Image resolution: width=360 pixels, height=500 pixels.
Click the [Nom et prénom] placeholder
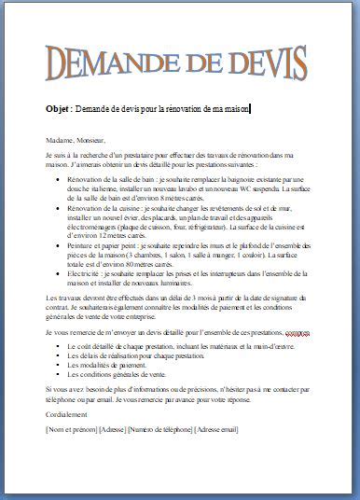pyautogui.click(x=70, y=429)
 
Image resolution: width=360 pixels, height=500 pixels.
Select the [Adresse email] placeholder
pyautogui.click(x=215, y=429)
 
